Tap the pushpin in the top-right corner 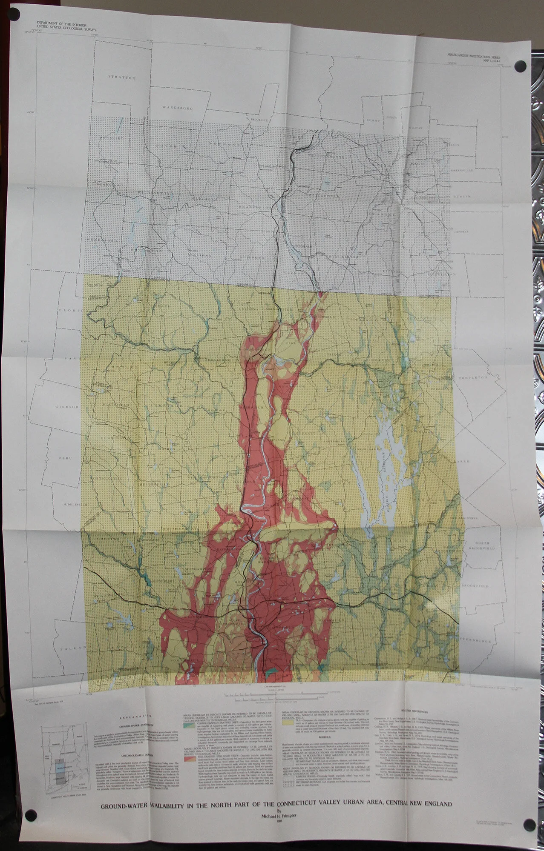519,66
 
